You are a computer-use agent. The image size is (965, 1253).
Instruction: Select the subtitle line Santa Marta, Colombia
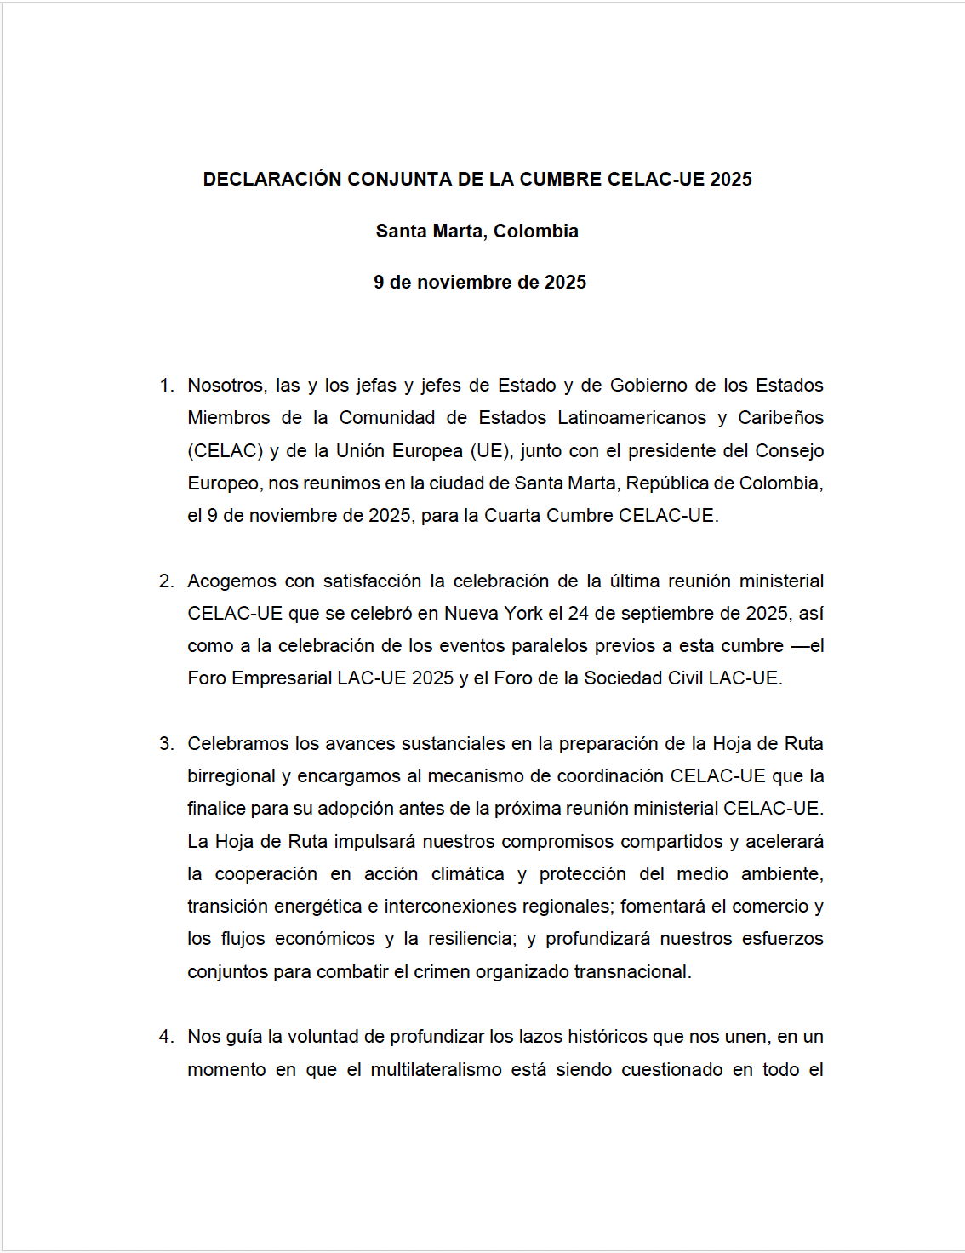[477, 232]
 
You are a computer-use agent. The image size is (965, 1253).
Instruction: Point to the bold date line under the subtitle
[480, 283]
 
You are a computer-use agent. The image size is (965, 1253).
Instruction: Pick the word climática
[467, 874]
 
